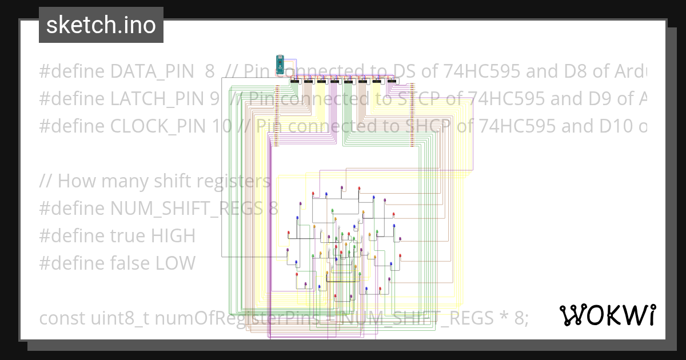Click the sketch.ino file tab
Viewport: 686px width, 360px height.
click(101, 25)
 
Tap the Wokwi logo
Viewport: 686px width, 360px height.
click(607, 315)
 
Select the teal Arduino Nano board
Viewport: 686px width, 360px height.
click(280, 64)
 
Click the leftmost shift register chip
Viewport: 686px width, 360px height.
click(295, 81)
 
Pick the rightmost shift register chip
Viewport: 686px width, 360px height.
click(392, 81)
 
